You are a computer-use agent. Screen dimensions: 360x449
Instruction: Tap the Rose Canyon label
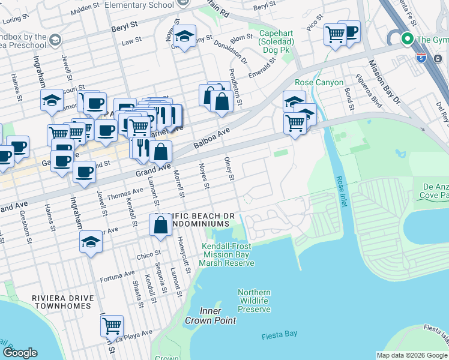(319, 82)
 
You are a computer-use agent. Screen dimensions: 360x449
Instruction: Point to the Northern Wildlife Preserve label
(254, 301)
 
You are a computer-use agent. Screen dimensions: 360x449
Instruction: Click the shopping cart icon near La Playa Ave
(112, 326)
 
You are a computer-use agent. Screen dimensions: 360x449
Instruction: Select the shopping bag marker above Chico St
(161, 226)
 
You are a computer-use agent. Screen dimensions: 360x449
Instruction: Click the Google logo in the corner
(20, 353)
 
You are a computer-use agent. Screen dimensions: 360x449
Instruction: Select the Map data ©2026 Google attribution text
(412, 355)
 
